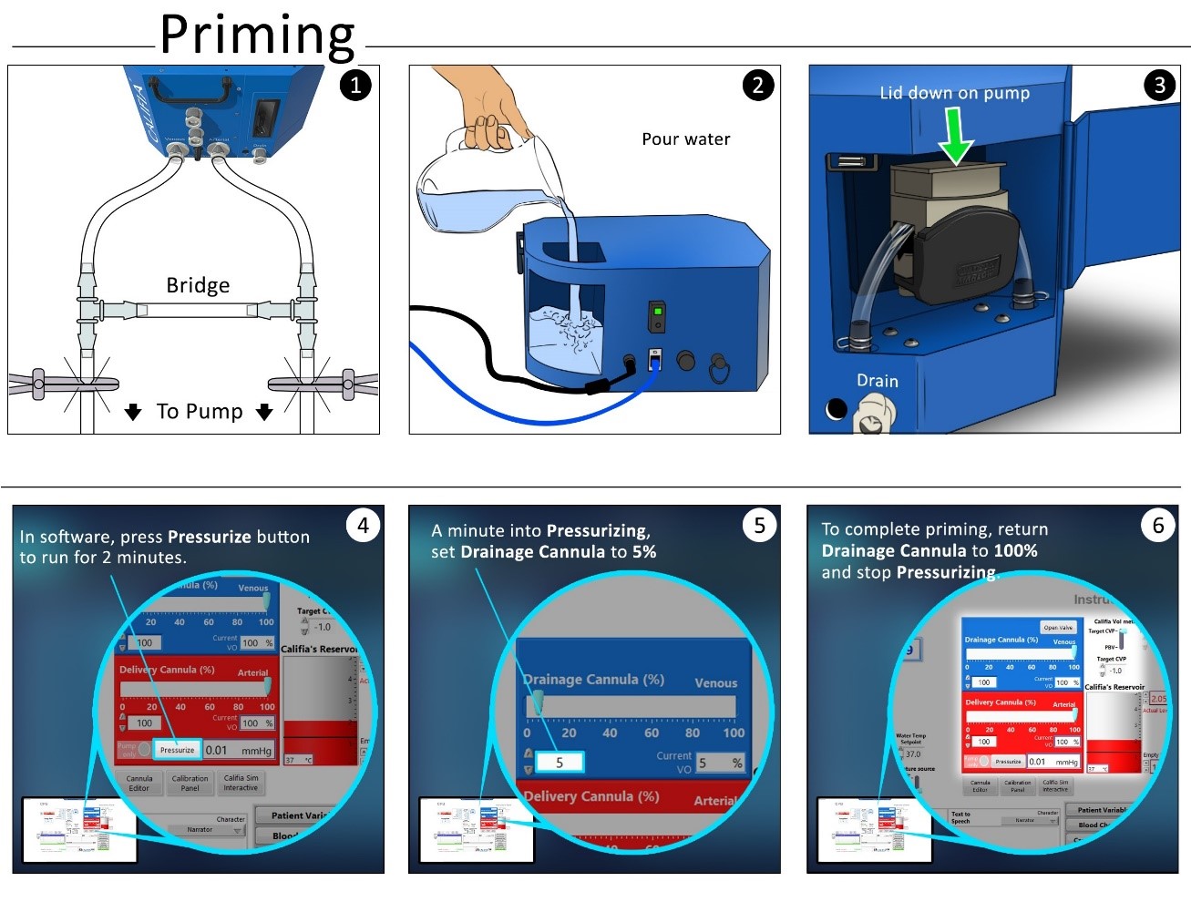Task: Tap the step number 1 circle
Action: tap(355, 86)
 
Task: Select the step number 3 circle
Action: tap(1159, 86)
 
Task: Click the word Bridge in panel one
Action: tap(198, 285)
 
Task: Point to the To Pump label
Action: tap(200, 412)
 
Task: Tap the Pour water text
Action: tap(685, 139)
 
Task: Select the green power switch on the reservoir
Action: tap(657, 317)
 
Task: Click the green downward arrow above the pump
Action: tap(956, 135)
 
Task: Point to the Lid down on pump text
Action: tap(954, 93)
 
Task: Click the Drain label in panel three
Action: tap(877, 381)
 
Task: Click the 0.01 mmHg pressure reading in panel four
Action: tap(237, 750)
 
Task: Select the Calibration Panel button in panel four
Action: tap(190, 783)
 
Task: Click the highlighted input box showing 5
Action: tap(559, 762)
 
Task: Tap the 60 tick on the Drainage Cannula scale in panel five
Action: tap(652, 733)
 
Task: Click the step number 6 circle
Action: tap(1158, 526)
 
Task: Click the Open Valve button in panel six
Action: tap(1057, 627)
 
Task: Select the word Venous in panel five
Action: tap(715, 683)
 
